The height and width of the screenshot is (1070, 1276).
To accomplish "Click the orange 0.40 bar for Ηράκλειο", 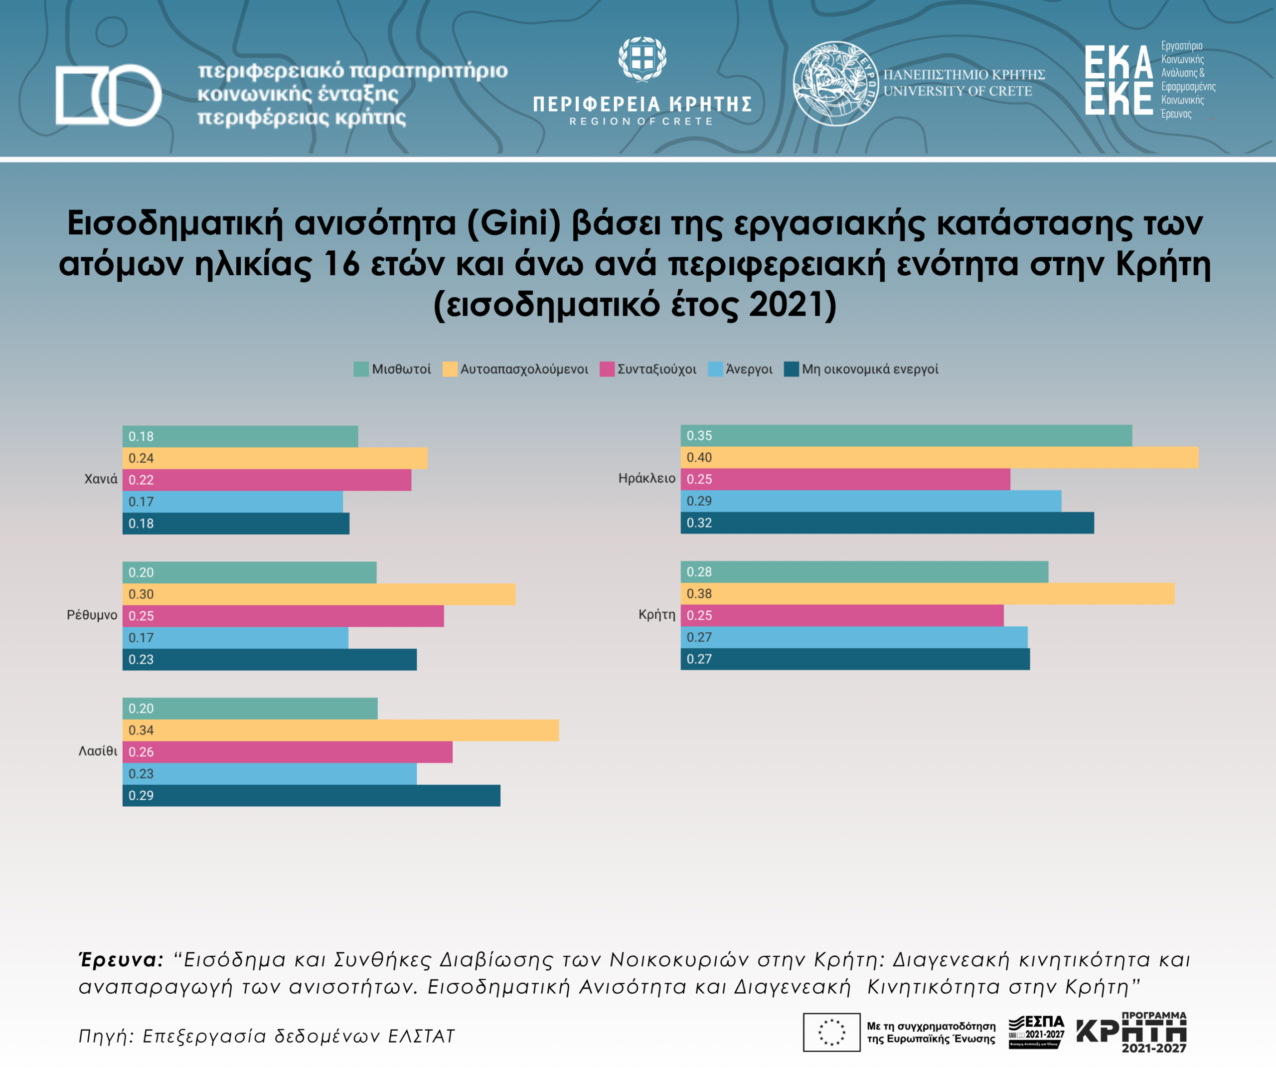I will pos(939,457).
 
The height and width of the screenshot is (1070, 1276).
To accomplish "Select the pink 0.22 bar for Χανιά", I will pos(267,480).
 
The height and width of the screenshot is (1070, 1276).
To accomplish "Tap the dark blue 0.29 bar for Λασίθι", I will pos(311,795).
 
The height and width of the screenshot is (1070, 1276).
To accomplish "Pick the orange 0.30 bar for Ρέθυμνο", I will pos(319,594).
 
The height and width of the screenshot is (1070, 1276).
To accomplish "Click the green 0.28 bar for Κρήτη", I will pos(864,571).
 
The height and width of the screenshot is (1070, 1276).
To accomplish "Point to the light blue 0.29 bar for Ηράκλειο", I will pos(871,501).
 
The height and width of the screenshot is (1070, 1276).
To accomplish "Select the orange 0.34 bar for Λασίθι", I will pos(340,730).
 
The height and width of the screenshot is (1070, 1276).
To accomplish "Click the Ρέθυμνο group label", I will pos(92,615).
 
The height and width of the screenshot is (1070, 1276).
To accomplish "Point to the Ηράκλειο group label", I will pos(646,479).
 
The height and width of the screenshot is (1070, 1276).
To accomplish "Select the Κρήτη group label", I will pos(656,615).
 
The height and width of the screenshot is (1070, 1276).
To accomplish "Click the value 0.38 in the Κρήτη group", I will pos(699,594).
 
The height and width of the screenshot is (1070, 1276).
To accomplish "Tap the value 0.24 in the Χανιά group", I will pos(141,458).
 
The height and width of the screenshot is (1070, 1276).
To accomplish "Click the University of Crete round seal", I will pos(835,83).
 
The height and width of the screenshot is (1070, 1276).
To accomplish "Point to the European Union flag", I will pos(831,1032).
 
